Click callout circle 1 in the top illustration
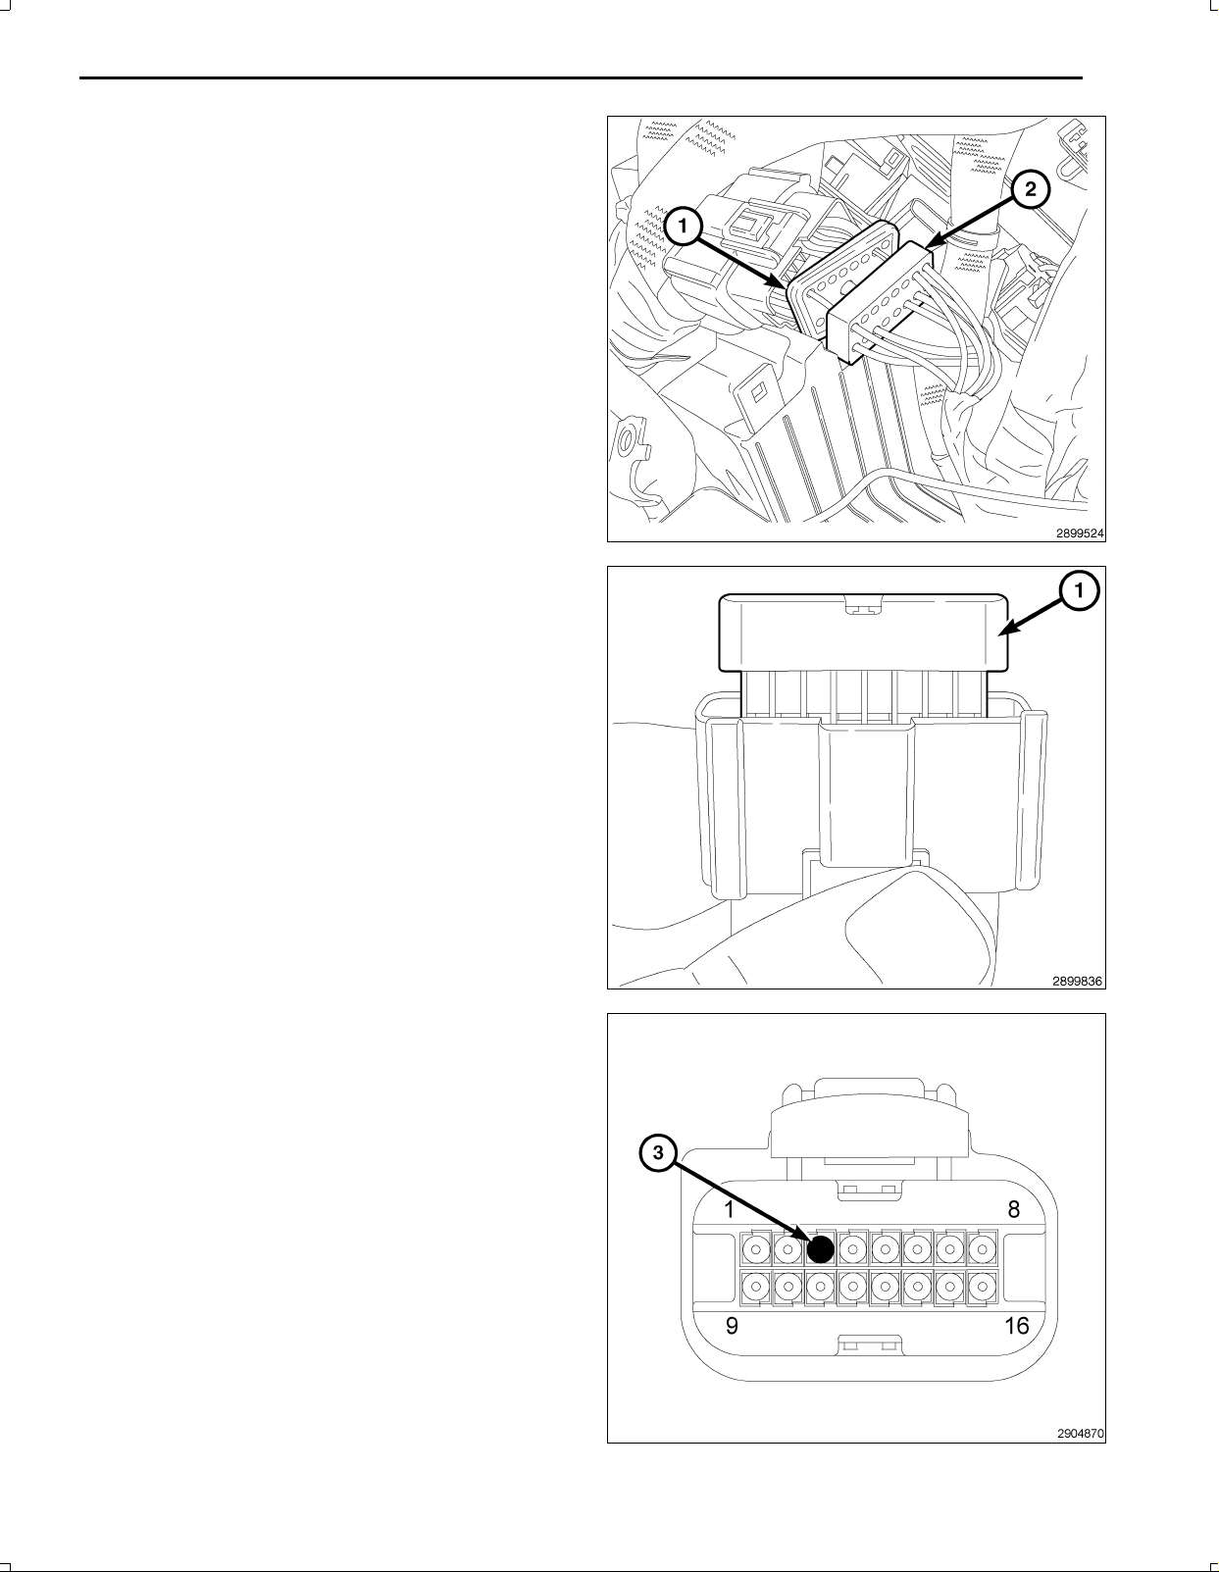point(683,228)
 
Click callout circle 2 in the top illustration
point(1030,189)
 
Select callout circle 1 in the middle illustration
point(1080,591)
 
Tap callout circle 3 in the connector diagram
point(658,1152)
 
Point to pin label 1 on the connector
point(730,1209)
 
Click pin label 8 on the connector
point(1013,1209)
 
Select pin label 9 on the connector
point(732,1326)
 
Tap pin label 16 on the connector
point(1016,1325)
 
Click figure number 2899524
point(1080,533)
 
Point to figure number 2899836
point(1078,981)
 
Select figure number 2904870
point(1080,1434)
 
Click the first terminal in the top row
point(756,1248)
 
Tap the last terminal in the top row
point(982,1248)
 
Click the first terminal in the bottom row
point(756,1287)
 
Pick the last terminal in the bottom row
point(982,1287)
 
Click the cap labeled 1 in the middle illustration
point(863,633)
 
